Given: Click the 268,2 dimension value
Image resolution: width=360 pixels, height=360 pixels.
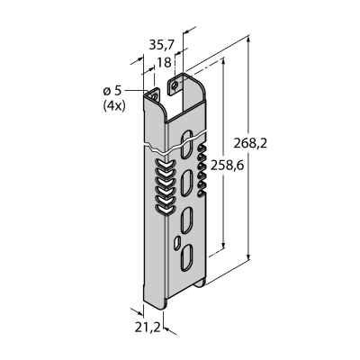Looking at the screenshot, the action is (x=250, y=144).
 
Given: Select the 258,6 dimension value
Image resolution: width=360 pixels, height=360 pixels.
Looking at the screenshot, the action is (x=227, y=166).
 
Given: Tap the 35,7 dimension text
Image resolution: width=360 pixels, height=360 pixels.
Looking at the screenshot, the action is (x=162, y=45).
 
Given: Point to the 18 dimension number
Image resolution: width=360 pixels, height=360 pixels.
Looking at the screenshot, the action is (x=164, y=63).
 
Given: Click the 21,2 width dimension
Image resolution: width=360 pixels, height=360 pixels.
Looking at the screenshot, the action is (x=147, y=328).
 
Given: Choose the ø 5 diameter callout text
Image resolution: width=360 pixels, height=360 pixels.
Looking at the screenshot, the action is (x=112, y=90).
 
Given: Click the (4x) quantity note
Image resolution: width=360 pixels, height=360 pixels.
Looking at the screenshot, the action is (x=114, y=106).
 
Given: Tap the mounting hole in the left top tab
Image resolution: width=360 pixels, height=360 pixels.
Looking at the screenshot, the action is (x=154, y=96).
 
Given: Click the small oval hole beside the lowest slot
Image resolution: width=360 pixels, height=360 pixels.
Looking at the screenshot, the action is (x=177, y=242).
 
